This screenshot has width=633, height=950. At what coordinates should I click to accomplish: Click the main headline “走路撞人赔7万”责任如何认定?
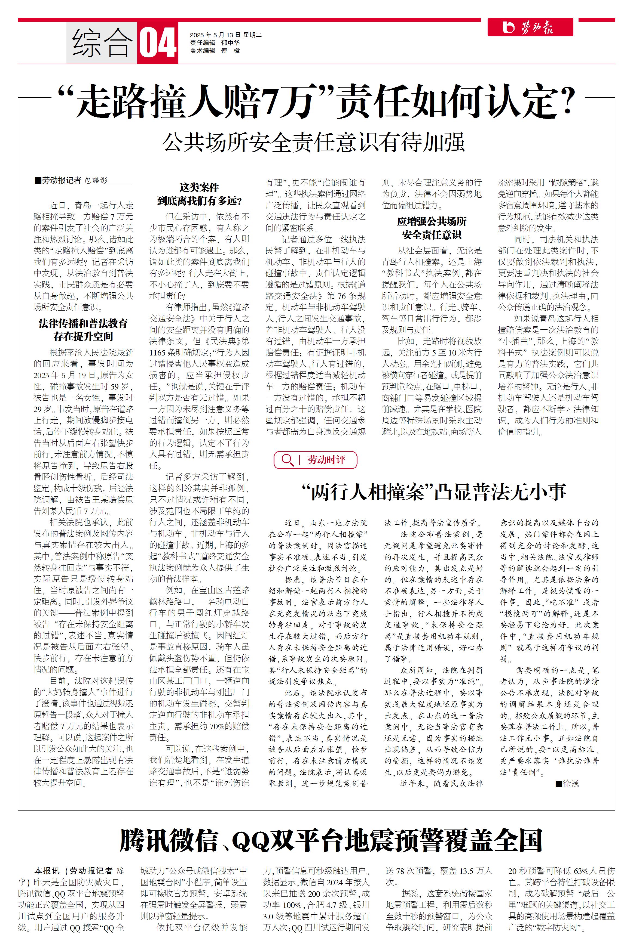[x=316, y=101]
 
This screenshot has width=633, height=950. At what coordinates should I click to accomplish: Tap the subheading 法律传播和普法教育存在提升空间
[x=83, y=329]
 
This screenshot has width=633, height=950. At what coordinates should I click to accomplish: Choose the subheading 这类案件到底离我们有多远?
[x=199, y=194]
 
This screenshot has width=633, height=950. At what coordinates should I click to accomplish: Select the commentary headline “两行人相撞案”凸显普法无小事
[x=434, y=492]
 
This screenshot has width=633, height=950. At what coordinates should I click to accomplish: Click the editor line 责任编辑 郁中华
[x=215, y=43]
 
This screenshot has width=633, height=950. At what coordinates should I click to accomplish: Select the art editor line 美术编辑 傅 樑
[x=215, y=51]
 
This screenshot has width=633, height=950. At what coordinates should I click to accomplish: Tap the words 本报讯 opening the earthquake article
[x=47, y=871]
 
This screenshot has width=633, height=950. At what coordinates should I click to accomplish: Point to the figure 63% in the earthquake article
[x=580, y=871]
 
